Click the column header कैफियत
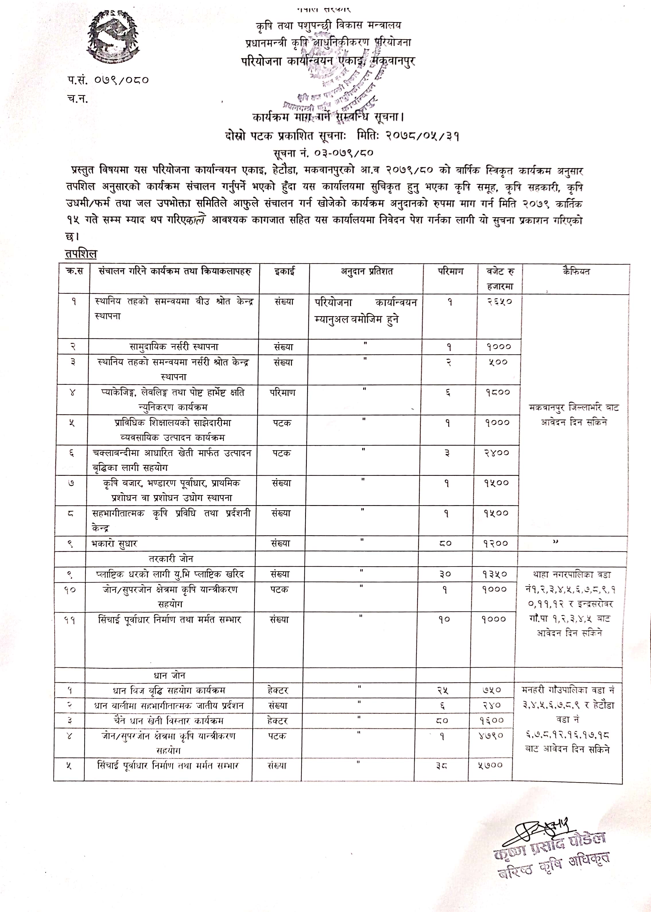pos(576,272)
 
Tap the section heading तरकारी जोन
pos(171,559)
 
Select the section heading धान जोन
pos(169,675)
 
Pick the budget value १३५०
pos(495,574)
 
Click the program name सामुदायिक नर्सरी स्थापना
pos(174,347)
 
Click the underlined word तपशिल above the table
pos(81,254)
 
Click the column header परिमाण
pos(450,272)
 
